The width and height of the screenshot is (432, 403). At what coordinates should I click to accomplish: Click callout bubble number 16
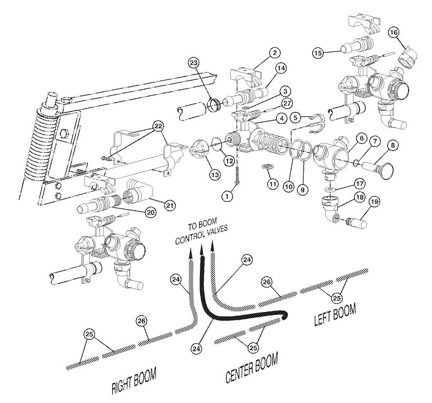394,32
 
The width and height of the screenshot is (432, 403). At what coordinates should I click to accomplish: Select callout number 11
272,183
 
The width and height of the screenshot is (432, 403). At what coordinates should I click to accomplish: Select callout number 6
361,139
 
